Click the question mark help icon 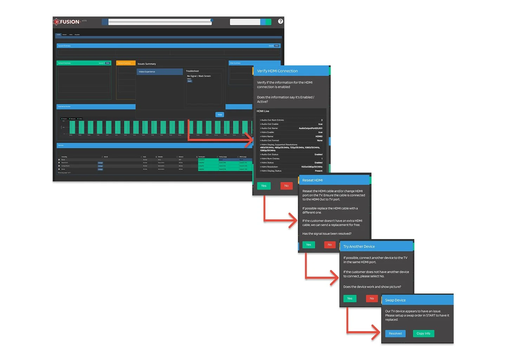[x=280, y=21]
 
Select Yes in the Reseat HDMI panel [x=309, y=245]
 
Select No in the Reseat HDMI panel [x=330, y=245]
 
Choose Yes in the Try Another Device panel [x=350, y=298]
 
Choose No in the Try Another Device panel [x=371, y=298]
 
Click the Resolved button [x=395, y=334]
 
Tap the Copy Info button [x=423, y=334]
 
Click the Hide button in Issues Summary [x=220, y=115]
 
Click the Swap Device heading [x=395, y=300]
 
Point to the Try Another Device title [x=359, y=246]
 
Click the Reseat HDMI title [x=312, y=180]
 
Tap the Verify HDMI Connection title [x=277, y=71]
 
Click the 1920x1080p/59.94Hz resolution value [x=311, y=167]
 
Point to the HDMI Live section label [x=263, y=111]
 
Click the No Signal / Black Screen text [x=199, y=76]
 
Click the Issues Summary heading [x=147, y=64]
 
